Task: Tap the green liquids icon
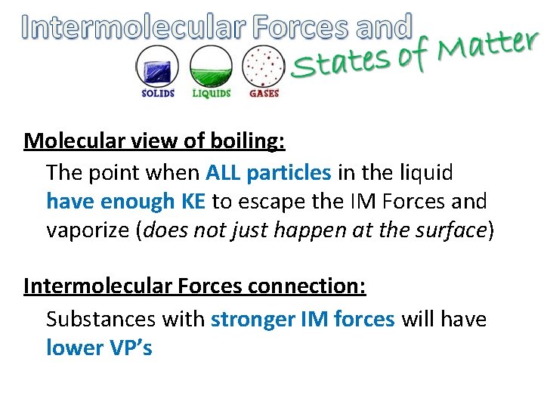point(211,66)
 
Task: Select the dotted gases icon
point(264,66)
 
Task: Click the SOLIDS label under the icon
point(158,94)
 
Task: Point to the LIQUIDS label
point(211,94)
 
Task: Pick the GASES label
point(264,94)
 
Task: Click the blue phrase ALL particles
point(268,173)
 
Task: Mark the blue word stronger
point(258,320)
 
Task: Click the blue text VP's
point(130,348)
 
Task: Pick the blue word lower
point(74,348)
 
